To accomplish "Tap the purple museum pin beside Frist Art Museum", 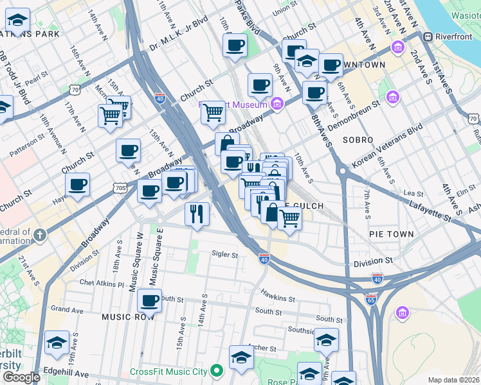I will (277, 104).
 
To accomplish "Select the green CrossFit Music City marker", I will (217, 371).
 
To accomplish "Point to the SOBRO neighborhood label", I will (358, 140).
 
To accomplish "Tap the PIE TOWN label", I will (392, 234).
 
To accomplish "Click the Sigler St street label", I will (225, 255).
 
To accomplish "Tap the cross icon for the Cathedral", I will (40, 235).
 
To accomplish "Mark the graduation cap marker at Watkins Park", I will (17, 22).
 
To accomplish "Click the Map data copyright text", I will (453, 380).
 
